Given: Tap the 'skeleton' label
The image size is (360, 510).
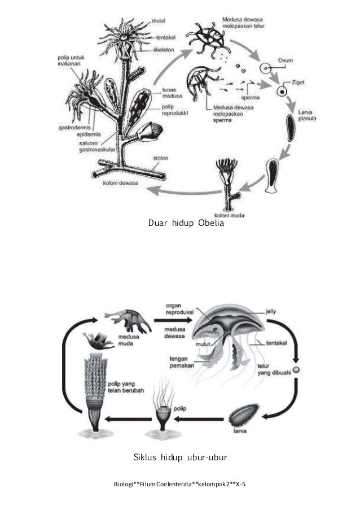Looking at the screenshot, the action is point(163,50).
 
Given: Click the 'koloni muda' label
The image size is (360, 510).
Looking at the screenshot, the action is point(228,215).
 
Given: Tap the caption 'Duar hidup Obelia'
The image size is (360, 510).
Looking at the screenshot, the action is point(186,224).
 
